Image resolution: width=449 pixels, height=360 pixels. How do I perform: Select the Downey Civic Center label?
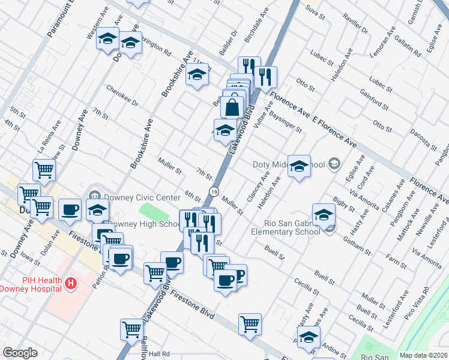(142, 197)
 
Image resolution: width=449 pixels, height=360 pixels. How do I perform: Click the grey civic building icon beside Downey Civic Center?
(94, 195)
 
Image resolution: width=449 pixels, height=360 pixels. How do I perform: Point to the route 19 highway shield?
(214, 191)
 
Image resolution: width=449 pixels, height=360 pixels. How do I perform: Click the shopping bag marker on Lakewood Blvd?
(232, 108)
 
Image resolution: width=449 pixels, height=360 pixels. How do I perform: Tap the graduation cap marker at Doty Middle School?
(298, 167)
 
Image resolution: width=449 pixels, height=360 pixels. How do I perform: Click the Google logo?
(20, 352)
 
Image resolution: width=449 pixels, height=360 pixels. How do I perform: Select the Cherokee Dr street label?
(122, 95)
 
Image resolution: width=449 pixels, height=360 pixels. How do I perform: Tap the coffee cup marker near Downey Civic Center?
(70, 209)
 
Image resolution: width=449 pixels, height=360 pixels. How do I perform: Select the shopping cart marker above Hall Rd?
(131, 329)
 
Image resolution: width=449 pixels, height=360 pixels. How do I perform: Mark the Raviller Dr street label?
(355, 22)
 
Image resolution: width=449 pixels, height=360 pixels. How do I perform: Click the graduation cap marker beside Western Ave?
(107, 39)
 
